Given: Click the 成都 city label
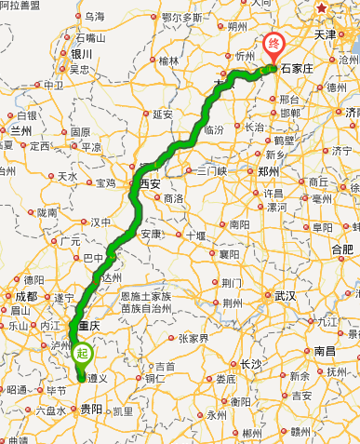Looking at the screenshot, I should [26, 296].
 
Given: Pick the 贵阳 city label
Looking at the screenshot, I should [90, 409].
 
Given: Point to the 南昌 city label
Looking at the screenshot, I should [324, 351].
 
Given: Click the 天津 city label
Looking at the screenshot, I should [325, 34].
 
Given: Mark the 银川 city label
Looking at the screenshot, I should [81, 54].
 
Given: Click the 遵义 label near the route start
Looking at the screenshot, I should [97, 379].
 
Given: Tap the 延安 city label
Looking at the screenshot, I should [163, 114].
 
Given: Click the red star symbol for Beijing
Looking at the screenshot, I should [322, 8].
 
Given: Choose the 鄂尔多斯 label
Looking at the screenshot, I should [181, 17].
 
